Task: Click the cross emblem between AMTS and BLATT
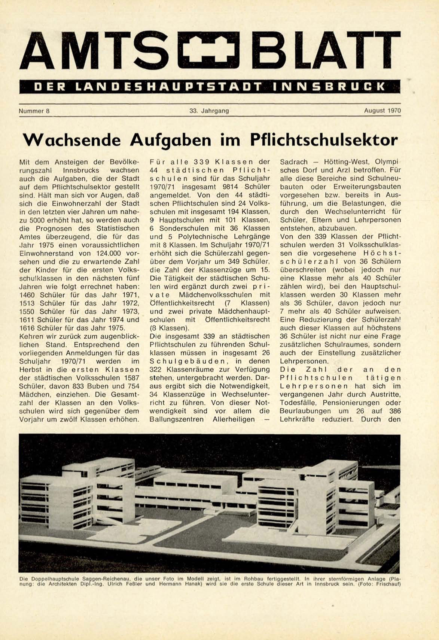pyautogui.click(x=211, y=56)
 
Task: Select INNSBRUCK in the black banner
pyautogui.click(x=329, y=87)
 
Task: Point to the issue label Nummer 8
pyautogui.click(x=34, y=111)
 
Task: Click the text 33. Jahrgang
pyautogui.click(x=209, y=111)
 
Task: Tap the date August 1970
pyautogui.click(x=382, y=111)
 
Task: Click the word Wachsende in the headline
pyautogui.click(x=72, y=140)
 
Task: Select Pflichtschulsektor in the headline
pyautogui.click(x=323, y=140)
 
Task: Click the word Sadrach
pyautogui.click(x=294, y=162)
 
